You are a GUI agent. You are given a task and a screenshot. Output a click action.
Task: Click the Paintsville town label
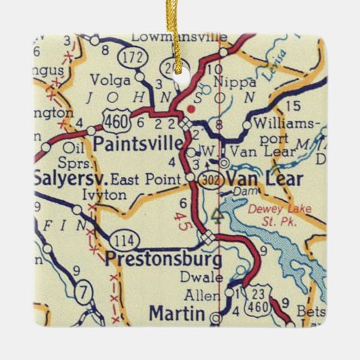pos(138,144)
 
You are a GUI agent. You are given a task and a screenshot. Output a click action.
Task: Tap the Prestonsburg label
pos(163,259)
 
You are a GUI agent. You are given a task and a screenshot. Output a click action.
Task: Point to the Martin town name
pos(177,314)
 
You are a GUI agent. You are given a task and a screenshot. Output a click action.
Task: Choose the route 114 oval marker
pos(128,239)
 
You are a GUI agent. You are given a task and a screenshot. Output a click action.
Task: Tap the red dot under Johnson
pos(192,107)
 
